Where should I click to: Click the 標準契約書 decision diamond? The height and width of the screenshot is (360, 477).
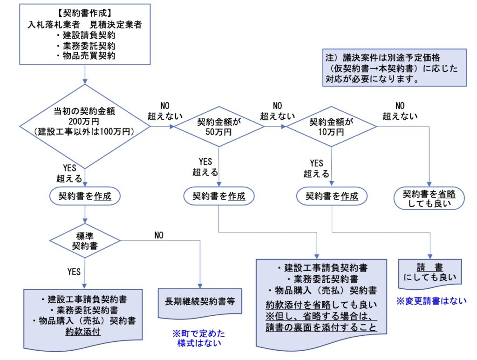point(85,240)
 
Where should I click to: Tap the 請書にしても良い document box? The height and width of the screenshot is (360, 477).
point(429,274)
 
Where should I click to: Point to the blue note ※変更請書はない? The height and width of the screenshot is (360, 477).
point(431,301)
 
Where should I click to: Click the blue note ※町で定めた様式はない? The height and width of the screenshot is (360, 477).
point(198,338)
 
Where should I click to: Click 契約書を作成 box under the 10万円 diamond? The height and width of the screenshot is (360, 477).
point(332,196)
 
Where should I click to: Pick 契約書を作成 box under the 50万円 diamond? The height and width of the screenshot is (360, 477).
point(219,196)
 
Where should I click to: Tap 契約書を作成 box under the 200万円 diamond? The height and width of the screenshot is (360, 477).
point(85,196)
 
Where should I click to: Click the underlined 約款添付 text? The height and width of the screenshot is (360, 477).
point(84,332)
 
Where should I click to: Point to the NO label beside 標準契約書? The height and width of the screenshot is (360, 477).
point(158,235)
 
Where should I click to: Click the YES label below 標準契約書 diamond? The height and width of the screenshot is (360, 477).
point(74,272)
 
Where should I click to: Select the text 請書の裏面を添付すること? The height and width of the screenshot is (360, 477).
point(321,327)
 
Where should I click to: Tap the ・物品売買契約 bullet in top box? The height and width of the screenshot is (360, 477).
point(85,56)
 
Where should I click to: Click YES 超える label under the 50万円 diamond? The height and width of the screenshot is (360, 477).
point(205,167)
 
